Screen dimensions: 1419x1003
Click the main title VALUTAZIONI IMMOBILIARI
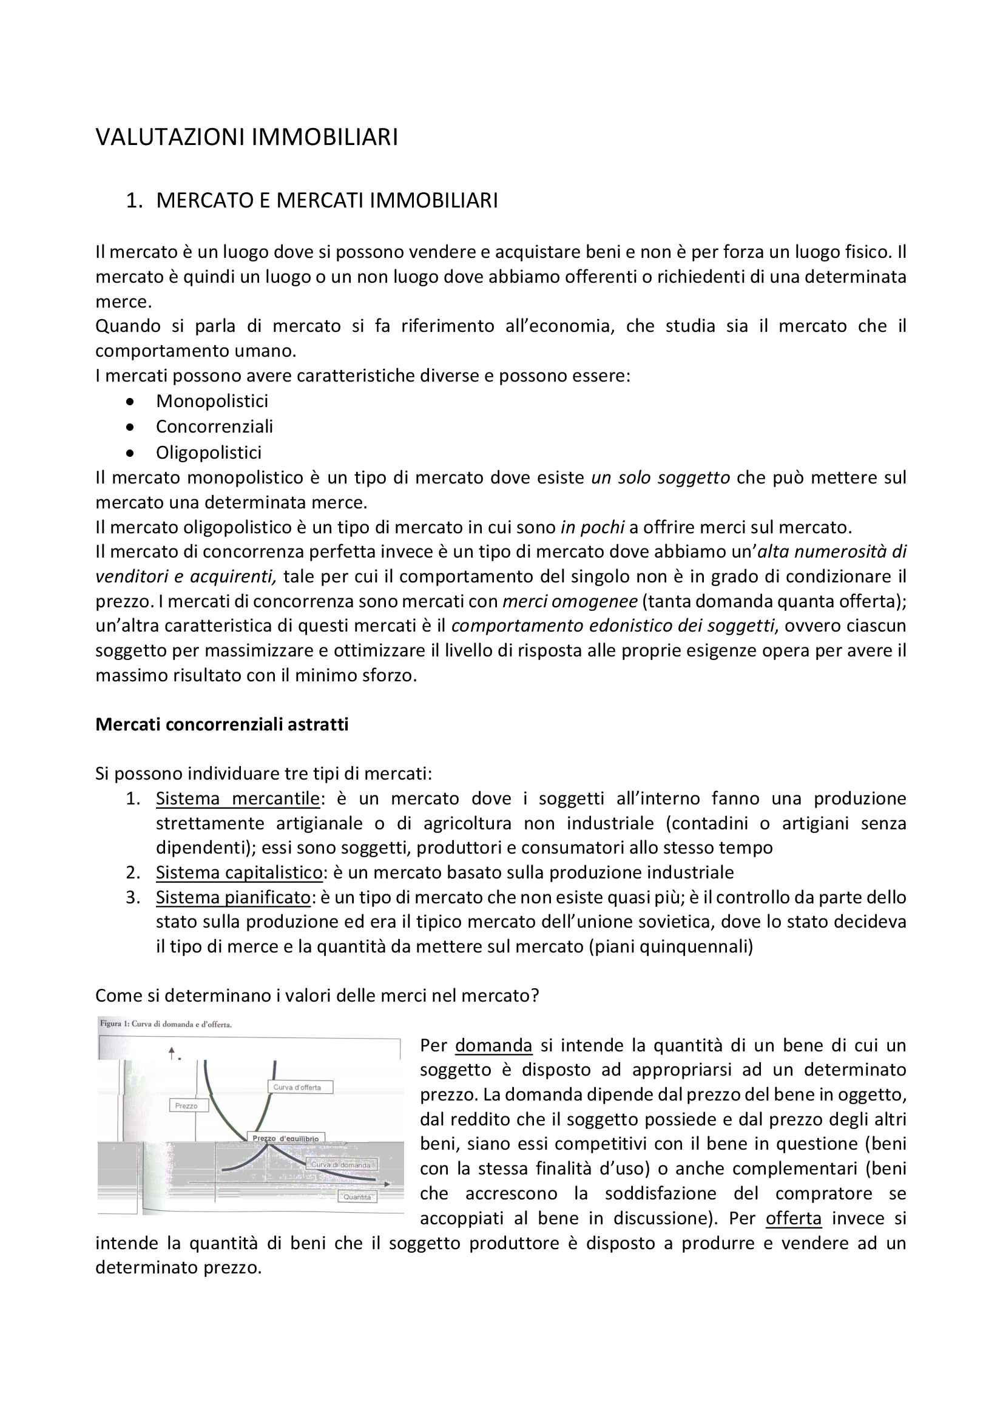pos(246,137)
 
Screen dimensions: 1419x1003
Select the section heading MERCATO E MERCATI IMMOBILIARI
pos(326,201)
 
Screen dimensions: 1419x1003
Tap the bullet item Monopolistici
pos(212,401)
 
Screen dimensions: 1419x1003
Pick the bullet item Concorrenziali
pos(214,426)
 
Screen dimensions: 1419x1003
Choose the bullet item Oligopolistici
pos(208,453)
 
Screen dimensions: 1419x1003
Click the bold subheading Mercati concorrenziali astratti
pos(222,724)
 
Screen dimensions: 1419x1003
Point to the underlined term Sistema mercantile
pos(238,798)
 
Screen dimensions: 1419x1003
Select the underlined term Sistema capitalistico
pos(239,872)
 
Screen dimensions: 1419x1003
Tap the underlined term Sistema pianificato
pos(233,897)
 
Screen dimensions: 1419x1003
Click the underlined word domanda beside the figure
pos(493,1046)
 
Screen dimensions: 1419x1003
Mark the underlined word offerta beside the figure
pos(794,1219)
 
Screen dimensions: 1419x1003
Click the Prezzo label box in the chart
pos(187,1106)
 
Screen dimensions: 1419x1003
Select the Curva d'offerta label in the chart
pos(299,1087)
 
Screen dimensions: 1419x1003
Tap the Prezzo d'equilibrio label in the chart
pos(286,1138)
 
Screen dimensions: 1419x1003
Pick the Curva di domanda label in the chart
pos(340,1165)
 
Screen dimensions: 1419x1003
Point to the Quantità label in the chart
pos(357,1197)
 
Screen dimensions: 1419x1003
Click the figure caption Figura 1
pos(166,1023)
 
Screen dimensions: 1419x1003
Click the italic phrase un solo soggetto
pos(661,477)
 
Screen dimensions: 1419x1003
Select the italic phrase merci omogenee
pos(570,601)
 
